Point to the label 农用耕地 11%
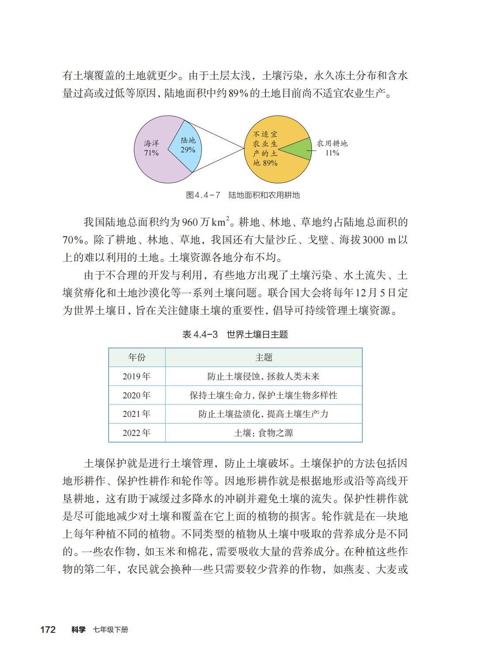point(332,148)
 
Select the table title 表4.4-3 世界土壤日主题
point(235,334)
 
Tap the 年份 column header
point(137,357)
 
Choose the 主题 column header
point(264,357)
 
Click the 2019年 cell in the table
point(137,376)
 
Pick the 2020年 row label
point(137,395)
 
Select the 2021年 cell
point(137,414)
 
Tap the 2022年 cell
point(137,433)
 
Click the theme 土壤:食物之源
point(264,433)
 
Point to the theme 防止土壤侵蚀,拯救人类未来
point(264,376)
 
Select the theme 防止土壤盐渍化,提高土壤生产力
point(264,414)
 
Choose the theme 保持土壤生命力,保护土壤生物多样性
point(264,395)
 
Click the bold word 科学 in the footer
point(78,629)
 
